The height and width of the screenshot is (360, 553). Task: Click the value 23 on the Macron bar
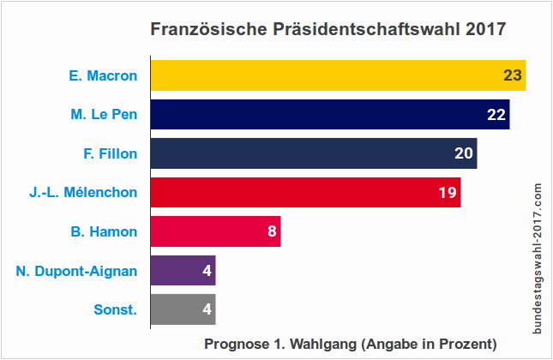(x=513, y=75)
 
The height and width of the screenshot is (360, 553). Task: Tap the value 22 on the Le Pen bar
(x=497, y=114)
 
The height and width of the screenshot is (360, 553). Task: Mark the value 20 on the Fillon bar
(x=464, y=153)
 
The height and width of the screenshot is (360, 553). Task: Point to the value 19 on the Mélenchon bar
(x=448, y=192)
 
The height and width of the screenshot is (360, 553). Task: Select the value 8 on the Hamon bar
(x=272, y=231)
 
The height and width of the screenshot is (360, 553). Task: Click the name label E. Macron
(x=103, y=75)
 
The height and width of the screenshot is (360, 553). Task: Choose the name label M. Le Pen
(x=104, y=114)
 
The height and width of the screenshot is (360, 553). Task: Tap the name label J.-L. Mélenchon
(x=83, y=192)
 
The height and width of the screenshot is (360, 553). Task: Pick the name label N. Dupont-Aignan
(x=76, y=271)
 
